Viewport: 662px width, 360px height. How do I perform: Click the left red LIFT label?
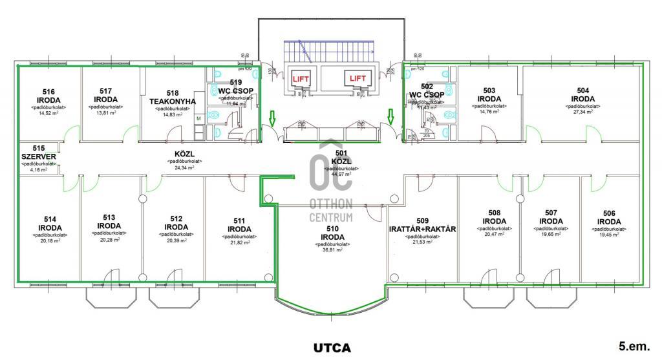301,78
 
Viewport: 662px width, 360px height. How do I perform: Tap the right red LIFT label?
358,78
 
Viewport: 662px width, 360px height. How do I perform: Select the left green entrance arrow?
272,118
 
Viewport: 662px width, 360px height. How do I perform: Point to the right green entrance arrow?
390,116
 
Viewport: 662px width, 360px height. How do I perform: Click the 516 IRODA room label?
49,96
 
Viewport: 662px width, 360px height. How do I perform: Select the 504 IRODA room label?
582,95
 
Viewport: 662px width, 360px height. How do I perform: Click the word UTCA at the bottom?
332,348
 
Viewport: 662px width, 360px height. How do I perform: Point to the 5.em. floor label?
634,346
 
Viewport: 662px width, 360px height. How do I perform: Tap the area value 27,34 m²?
582,112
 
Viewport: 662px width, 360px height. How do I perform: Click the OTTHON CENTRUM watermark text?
332,209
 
